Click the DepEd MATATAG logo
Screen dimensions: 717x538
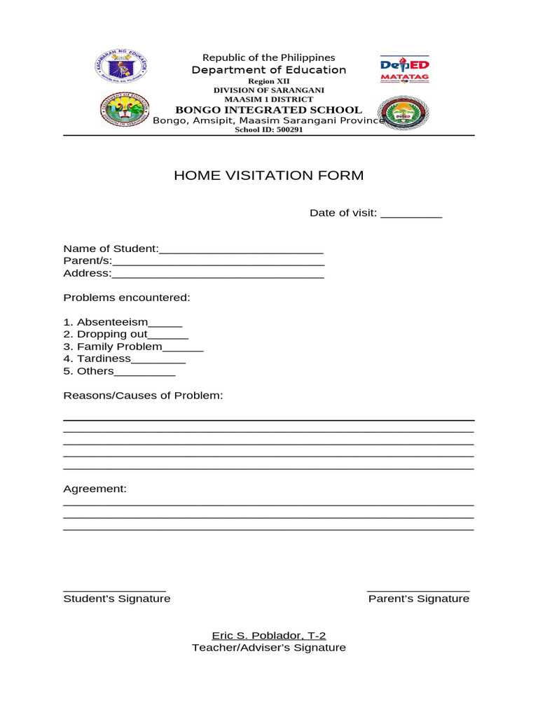tap(404, 69)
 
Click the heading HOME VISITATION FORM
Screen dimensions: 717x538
tap(268, 176)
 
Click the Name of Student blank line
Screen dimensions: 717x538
tap(241, 251)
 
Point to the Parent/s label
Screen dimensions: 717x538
tap(88, 261)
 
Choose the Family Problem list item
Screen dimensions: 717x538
tap(120, 347)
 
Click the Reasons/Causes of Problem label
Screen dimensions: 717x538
tap(143, 396)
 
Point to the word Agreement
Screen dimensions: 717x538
tap(95, 489)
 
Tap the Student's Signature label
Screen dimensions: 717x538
tap(117, 599)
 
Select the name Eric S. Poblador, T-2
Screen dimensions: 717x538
tap(269, 636)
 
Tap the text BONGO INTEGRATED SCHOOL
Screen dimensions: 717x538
tap(268, 110)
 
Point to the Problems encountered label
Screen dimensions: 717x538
tap(127, 298)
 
